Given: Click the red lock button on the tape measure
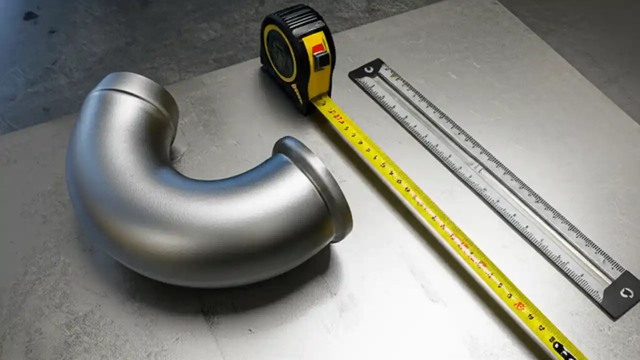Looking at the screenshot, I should pos(318,48).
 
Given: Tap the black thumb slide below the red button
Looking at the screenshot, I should pos(322,60).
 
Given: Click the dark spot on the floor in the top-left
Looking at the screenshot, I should pos(30,16).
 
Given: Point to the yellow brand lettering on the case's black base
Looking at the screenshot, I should pos(297,93).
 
